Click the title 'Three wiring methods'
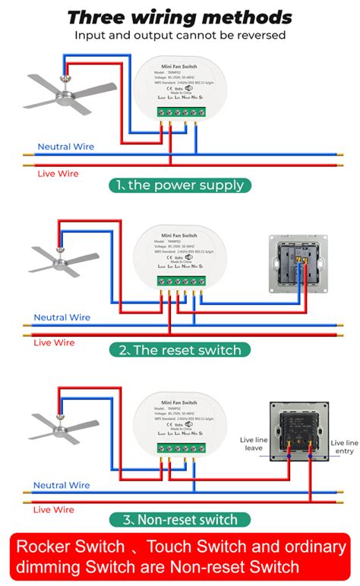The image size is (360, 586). pyautogui.click(x=179, y=17)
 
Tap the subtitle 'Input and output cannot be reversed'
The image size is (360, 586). pyautogui.click(x=179, y=35)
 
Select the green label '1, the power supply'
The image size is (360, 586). pyautogui.click(x=179, y=184)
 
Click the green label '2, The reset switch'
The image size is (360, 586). pyautogui.click(x=179, y=350)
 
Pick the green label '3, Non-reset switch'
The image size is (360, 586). pyautogui.click(x=179, y=519)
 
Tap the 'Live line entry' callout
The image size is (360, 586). pyautogui.click(x=343, y=447)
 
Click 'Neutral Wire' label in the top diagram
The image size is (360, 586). pyautogui.click(x=65, y=146)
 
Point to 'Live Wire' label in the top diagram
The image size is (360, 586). pyautogui.click(x=58, y=174)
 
